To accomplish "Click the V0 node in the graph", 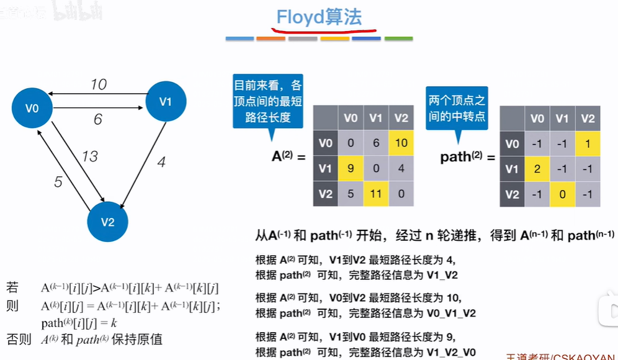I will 32,109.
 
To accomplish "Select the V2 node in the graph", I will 107,222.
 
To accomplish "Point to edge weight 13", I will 90,156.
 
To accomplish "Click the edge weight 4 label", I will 161,163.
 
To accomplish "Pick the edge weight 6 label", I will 97,120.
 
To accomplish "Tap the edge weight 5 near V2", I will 58,182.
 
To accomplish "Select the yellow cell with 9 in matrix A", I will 351,168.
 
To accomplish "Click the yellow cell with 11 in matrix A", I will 375,194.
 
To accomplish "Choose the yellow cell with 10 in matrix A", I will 401,143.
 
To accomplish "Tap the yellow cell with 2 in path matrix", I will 537,169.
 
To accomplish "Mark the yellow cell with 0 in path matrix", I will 562,194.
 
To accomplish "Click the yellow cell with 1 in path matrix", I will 588,144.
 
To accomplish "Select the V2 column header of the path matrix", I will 588,119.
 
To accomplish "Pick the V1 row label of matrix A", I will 325,168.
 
